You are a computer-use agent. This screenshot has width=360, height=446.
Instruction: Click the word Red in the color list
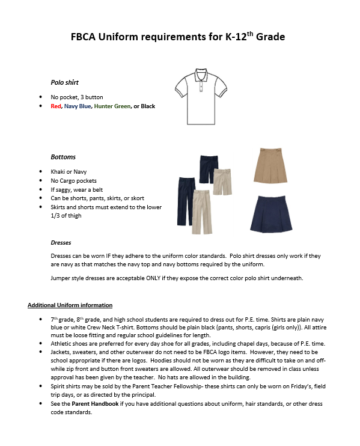tap(56, 106)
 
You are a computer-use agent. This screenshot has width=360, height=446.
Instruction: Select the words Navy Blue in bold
tap(78, 106)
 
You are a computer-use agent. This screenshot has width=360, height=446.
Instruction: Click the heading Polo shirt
tap(64, 82)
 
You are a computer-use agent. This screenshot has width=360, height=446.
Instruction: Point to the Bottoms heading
tap(63, 157)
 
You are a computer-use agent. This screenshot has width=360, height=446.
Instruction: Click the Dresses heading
tap(61, 243)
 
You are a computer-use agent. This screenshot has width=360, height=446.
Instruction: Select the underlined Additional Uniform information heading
tap(70, 305)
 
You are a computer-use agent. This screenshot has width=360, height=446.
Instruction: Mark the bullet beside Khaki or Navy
tap(40, 172)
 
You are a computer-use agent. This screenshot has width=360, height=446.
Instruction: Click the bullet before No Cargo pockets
tap(40, 180)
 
